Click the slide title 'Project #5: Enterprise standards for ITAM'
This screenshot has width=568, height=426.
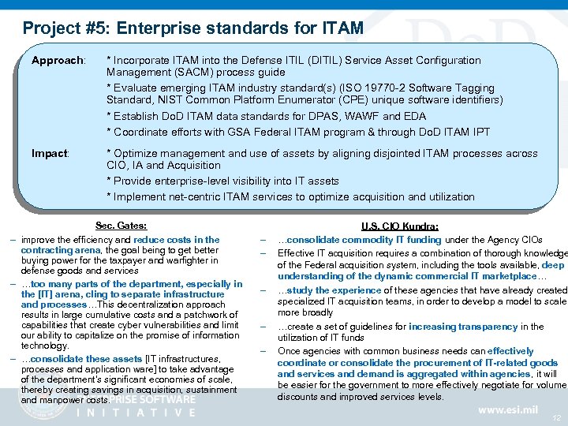click(192, 29)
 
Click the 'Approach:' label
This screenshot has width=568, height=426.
click(58, 61)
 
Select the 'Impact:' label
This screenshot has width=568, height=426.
click(50, 153)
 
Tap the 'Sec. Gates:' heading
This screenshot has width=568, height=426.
click(121, 226)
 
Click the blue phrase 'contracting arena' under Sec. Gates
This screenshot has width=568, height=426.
click(59, 250)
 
